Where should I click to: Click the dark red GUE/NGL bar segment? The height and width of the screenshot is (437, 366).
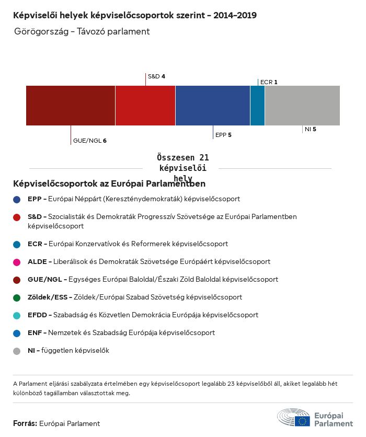coord(71,106)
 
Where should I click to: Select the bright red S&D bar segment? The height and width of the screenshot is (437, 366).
coord(145,106)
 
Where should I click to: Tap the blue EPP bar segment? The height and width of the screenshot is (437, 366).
coord(213,106)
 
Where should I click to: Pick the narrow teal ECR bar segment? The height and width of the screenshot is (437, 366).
coord(257,106)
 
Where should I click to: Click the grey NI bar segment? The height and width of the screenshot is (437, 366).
coord(302,106)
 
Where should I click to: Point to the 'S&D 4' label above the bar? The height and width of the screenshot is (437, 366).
coord(156,76)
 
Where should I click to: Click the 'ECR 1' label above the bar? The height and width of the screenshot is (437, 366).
coord(269,82)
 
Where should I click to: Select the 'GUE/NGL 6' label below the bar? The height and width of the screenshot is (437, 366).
coord(90,141)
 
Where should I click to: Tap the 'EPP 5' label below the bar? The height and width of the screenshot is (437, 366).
coord(223,135)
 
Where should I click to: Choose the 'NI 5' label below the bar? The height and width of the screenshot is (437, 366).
coord(311,129)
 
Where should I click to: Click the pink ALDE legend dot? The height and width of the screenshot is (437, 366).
coord(17,261)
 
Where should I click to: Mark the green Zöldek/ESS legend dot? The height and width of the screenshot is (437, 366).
coord(17,297)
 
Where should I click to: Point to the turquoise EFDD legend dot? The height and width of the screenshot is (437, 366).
coord(17,315)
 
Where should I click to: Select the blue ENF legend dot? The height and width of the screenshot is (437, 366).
coord(17,333)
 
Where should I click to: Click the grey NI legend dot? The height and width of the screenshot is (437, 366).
coord(17,351)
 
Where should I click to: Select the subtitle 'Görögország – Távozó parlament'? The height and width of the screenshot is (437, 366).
coord(82,31)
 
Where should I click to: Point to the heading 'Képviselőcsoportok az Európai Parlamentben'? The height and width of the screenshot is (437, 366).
coord(109,184)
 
